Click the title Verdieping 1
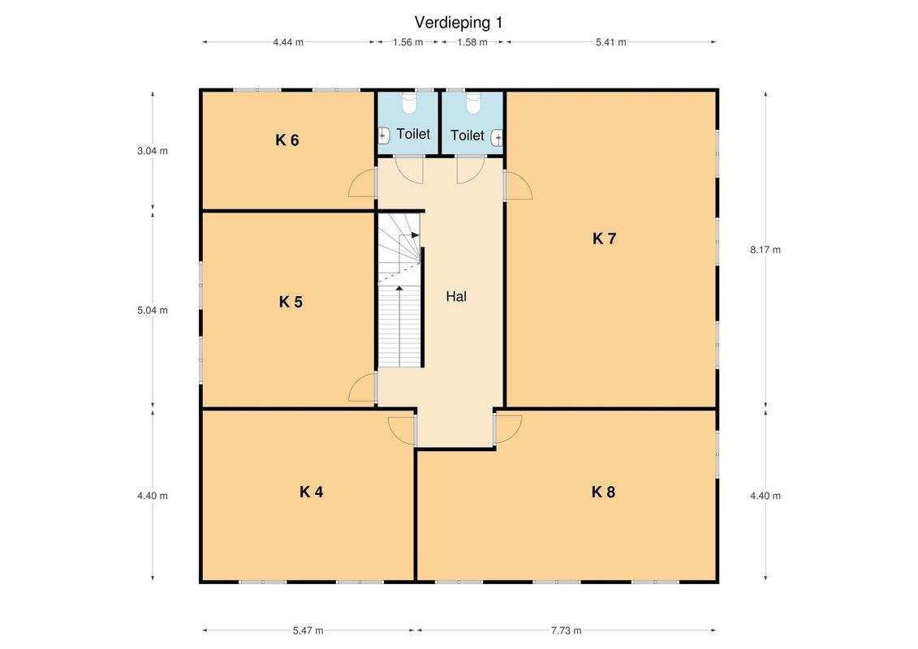(x=459, y=23)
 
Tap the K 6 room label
(x=287, y=140)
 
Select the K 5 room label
(x=291, y=302)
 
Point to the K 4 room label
(x=311, y=492)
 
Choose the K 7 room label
(x=604, y=239)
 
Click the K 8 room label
(x=603, y=492)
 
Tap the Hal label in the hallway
(x=456, y=297)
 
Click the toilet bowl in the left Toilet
(x=408, y=104)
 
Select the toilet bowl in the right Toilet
(x=473, y=104)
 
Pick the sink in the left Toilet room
(x=383, y=135)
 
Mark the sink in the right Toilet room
(x=497, y=138)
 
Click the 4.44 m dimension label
(x=288, y=42)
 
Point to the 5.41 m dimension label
(x=610, y=42)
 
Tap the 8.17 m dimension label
(x=765, y=250)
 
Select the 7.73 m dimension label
(x=566, y=630)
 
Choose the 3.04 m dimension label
(x=153, y=151)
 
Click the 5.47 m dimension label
(x=308, y=630)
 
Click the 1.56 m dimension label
(x=407, y=42)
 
